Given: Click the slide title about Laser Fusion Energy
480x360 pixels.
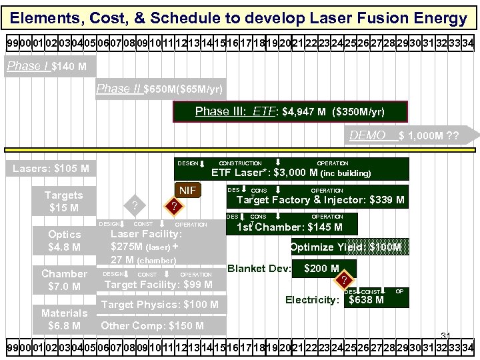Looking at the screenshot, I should (239, 18).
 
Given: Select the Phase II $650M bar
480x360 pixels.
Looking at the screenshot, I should (160, 89).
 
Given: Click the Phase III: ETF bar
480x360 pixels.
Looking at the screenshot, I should (289, 111).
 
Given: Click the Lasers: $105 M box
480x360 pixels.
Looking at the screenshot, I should (51, 168).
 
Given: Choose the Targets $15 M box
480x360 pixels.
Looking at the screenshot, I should (64, 201).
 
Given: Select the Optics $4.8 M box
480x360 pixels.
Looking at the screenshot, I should (65, 241).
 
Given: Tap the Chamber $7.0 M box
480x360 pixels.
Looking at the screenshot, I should (65, 280).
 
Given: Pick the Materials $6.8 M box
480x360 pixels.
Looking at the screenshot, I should (65, 319).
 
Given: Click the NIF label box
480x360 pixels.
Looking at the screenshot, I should (189, 191).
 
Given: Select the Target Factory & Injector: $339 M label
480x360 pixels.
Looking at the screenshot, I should (320, 199).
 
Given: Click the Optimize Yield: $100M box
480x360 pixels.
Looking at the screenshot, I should (345, 247).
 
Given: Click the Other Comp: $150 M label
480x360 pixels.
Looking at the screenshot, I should (152, 325).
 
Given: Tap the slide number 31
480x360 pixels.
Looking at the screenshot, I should (446, 335).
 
